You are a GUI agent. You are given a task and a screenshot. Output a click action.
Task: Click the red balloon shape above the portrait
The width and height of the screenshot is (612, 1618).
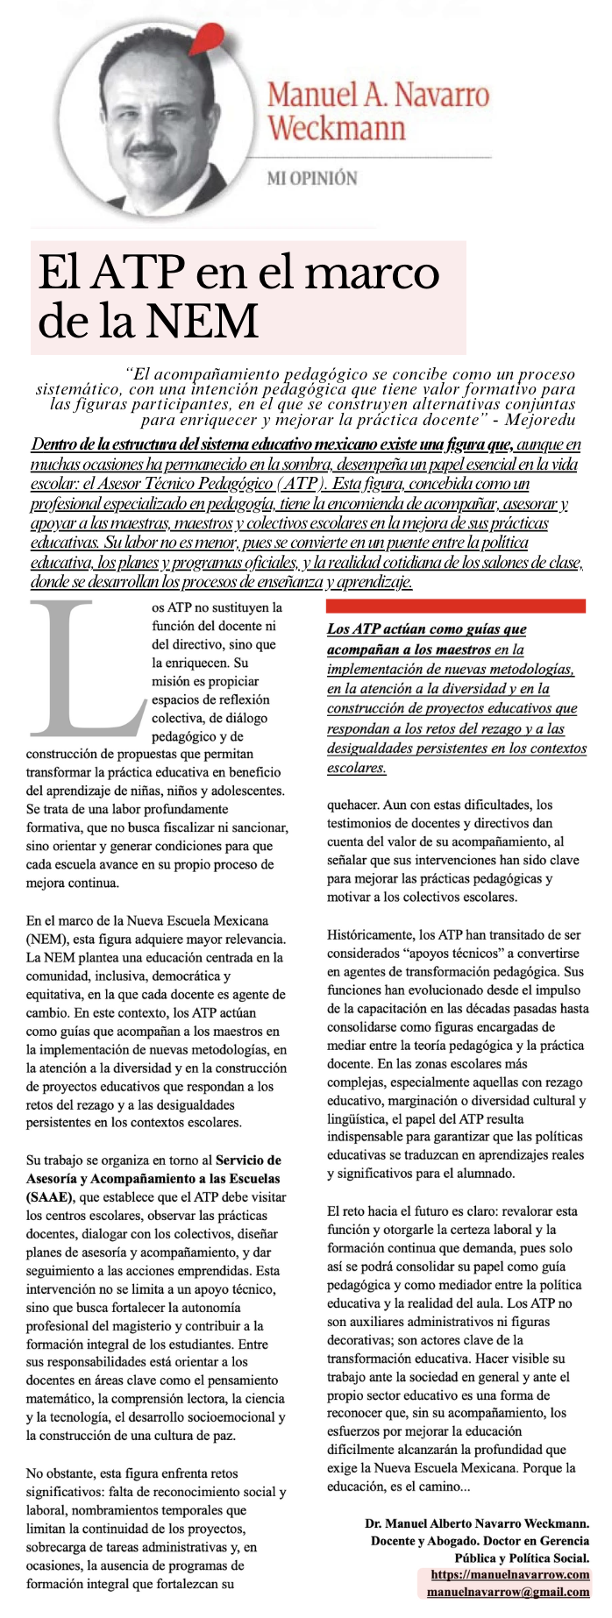click(x=207, y=36)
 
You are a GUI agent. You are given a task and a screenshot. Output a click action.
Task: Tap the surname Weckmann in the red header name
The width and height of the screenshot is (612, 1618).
click(x=337, y=128)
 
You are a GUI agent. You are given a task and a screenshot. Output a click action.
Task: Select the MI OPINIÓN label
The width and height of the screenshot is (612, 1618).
click(x=312, y=178)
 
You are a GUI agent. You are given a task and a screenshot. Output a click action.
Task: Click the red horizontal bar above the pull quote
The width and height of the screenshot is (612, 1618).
click(x=456, y=606)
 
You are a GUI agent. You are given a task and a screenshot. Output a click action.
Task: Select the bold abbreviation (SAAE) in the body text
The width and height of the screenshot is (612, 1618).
click(x=52, y=1196)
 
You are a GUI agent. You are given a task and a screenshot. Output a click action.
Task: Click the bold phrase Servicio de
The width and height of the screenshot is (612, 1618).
click(x=248, y=1160)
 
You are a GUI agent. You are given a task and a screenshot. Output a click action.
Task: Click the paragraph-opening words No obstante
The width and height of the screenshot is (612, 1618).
click(x=58, y=1473)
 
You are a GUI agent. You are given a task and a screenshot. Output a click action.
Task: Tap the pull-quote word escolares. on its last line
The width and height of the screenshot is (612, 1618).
click(x=357, y=768)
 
